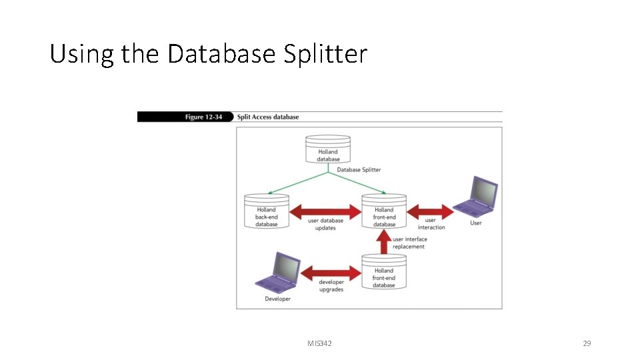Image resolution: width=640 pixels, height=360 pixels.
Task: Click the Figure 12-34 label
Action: (203, 117)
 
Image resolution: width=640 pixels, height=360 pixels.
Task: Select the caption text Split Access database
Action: (268, 117)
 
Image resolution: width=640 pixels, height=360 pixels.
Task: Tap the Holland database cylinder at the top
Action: (327, 150)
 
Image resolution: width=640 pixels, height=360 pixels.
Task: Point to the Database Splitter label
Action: (359, 170)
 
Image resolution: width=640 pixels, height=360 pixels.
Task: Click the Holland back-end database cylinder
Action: (266, 211)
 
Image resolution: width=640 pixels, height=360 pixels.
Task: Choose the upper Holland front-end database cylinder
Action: (384, 211)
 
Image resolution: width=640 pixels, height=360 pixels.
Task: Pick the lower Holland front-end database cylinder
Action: (384, 272)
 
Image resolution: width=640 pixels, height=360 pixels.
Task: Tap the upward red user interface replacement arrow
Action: (384, 243)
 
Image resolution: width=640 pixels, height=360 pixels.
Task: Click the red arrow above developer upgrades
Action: (331, 272)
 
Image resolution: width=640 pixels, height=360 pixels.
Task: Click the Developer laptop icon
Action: (277, 273)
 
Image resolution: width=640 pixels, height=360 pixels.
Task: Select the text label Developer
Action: (277, 299)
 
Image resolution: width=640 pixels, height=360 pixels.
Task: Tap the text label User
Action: (476, 223)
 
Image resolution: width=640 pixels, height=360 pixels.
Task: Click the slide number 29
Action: (587, 343)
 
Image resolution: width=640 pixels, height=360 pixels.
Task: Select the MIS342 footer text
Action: (319, 343)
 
